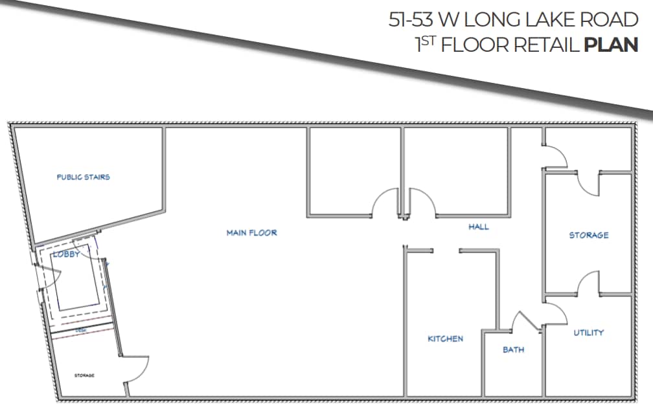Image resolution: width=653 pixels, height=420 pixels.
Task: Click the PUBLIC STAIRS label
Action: click(x=83, y=177)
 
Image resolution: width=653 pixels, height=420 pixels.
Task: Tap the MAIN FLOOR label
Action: click(x=251, y=232)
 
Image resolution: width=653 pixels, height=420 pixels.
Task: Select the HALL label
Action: click(x=479, y=227)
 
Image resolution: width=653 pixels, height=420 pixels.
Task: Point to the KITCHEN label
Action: click(x=446, y=338)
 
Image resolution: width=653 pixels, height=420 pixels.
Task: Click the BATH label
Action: click(x=513, y=349)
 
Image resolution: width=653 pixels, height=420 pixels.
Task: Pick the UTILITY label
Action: click(x=588, y=333)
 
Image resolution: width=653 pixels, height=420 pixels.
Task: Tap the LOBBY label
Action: click(x=67, y=254)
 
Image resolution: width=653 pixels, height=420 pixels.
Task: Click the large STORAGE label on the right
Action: click(x=588, y=235)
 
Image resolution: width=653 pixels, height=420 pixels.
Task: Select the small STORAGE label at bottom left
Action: click(x=84, y=375)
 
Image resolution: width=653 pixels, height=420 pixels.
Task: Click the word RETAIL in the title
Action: click(x=547, y=45)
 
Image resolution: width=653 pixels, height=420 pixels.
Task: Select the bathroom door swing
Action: click(x=521, y=321)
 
